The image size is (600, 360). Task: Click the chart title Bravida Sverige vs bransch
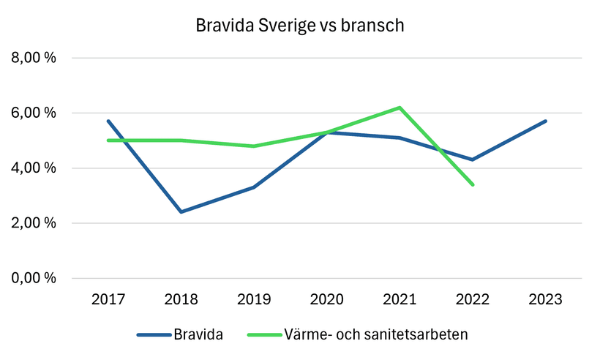click(300, 26)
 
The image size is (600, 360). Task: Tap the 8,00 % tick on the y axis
click(33, 59)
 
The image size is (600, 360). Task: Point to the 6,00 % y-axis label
click(33, 113)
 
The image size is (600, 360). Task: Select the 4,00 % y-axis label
click(33, 168)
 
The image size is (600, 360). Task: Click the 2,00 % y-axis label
click(33, 223)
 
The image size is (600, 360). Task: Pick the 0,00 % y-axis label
click(33, 279)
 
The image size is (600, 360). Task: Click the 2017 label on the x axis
click(108, 300)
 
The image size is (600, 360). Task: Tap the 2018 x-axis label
click(181, 300)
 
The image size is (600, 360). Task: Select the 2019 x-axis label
click(254, 300)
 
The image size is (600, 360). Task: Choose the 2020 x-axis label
click(327, 300)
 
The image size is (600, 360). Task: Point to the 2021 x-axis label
click(400, 300)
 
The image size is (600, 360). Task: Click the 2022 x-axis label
click(473, 300)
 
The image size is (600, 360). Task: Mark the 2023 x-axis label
click(546, 300)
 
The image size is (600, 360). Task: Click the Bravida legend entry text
click(198, 335)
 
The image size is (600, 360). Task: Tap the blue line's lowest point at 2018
click(181, 212)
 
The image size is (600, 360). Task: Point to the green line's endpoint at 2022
click(473, 184)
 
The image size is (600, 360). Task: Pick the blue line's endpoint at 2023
click(546, 121)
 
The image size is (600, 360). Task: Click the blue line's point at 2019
click(254, 187)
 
